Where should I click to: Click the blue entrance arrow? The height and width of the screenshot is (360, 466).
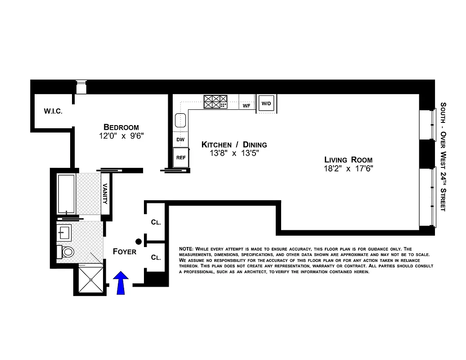(121, 283)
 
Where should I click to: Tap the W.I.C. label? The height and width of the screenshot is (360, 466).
(53, 111)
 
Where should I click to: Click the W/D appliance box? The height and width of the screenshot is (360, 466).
(266, 103)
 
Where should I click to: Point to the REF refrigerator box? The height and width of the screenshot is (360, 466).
(180, 158)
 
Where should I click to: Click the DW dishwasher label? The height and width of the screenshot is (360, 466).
(180, 139)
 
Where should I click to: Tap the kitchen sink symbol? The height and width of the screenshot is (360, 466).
(180, 121)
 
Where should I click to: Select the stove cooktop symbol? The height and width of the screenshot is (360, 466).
(215, 102)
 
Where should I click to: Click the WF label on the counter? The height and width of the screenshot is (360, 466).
(246, 106)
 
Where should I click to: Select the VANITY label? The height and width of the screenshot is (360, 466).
(105, 194)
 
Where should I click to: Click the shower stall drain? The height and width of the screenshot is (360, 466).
(91, 279)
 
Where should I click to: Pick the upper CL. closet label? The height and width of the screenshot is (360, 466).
(156, 222)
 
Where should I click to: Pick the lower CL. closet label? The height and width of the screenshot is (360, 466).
(156, 257)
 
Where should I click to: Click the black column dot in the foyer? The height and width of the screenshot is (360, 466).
(139, 242)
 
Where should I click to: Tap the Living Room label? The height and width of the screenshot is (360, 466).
(349, 160)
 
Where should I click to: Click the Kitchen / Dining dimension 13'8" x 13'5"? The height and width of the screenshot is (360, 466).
(234, 153)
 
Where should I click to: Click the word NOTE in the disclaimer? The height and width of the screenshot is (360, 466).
(186, 249)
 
